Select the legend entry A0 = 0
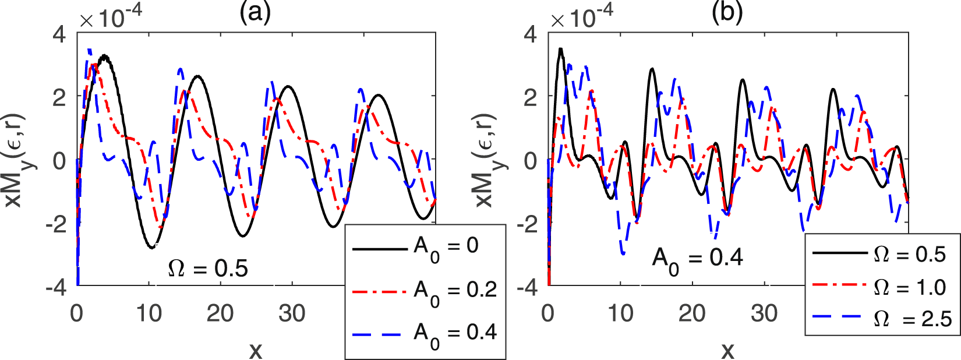425,248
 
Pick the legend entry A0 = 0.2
425,291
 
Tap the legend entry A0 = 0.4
425,334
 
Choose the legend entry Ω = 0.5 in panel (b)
879,254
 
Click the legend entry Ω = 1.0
879,287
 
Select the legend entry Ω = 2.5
879,318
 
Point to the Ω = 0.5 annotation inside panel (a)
208,269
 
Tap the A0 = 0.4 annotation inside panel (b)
697,258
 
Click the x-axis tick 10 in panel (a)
149,314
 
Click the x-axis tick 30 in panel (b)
764,314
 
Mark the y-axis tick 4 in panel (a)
59,34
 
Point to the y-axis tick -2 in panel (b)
529,224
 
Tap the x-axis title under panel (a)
256,350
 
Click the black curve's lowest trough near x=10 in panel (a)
151,248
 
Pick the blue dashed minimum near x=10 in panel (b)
623,254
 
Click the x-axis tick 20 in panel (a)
220,314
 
